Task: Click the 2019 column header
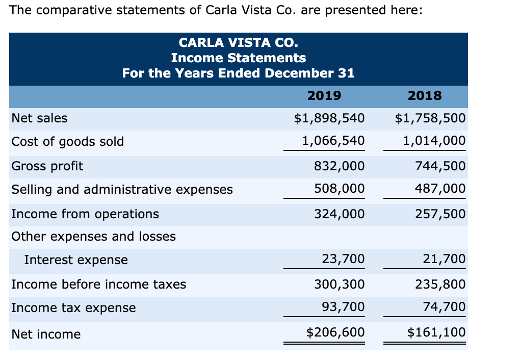[x=324, y=95]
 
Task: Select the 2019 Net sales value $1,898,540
[x=329, y=118]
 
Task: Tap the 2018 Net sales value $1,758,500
[x=430, y=118]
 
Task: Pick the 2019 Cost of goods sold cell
[x=333, y=141]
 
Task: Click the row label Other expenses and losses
[x=93, y=237]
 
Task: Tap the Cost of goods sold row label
[x=67, y=141]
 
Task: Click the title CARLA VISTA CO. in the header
[x=238, y=42]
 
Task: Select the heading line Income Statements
[x=238, y=58]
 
